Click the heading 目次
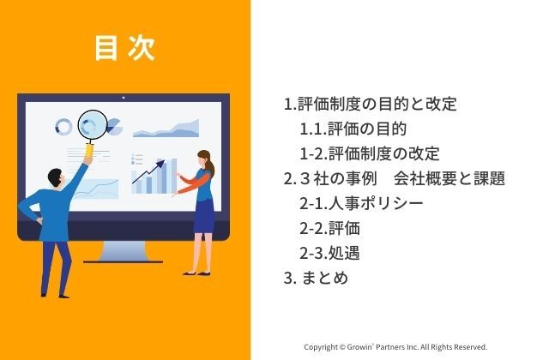coord(125,48)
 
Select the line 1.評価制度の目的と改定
coord(370,104)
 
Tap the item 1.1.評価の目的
coord(353,129)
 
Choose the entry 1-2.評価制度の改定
coord(370,153)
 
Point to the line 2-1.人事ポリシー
coord(361,204)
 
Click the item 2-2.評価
coord(329,229)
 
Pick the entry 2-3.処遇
coord(329,254)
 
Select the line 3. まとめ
coord(316,278)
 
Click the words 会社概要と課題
coord(449,178)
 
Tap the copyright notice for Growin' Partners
coord(395,347)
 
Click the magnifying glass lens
coord(92,125)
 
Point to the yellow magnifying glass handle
coord(89,151)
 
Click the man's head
coord(56,178)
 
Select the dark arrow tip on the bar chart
coord(160,164)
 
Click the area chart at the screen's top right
coord(166,129)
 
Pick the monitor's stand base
coord(123,261)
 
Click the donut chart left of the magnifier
coord(63,127)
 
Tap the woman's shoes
coord(196,273)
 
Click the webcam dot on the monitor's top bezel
coord(124,98)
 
